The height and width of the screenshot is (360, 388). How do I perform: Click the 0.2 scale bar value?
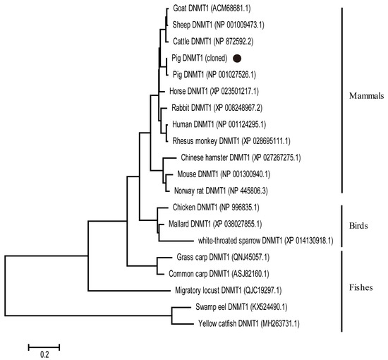click(44, 354)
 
